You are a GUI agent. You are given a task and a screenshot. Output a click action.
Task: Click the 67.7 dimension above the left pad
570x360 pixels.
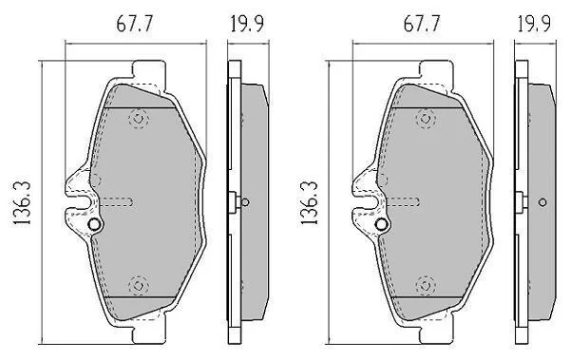tap(134, 24)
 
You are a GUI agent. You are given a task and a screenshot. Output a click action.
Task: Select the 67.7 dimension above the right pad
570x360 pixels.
tap(421, 24)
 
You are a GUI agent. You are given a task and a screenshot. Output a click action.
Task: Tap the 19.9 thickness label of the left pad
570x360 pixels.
tap(247, 24)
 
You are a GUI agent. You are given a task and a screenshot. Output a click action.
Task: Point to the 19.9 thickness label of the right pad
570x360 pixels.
tap(534, 24)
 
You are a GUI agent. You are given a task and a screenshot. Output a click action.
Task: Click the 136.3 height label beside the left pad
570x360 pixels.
tap(21, 202)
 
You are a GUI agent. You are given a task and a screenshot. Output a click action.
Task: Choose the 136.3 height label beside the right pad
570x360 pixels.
tap(309, 202)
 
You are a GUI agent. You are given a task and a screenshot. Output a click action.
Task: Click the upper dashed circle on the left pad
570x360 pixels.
tap(139, 119)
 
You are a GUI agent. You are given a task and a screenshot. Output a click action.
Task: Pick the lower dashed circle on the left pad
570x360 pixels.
tap(139, 285)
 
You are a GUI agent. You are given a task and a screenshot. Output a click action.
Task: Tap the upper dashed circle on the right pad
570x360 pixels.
tap(426, 119)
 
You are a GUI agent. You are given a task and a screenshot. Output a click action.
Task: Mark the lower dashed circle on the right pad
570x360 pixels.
tap(426, 285)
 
